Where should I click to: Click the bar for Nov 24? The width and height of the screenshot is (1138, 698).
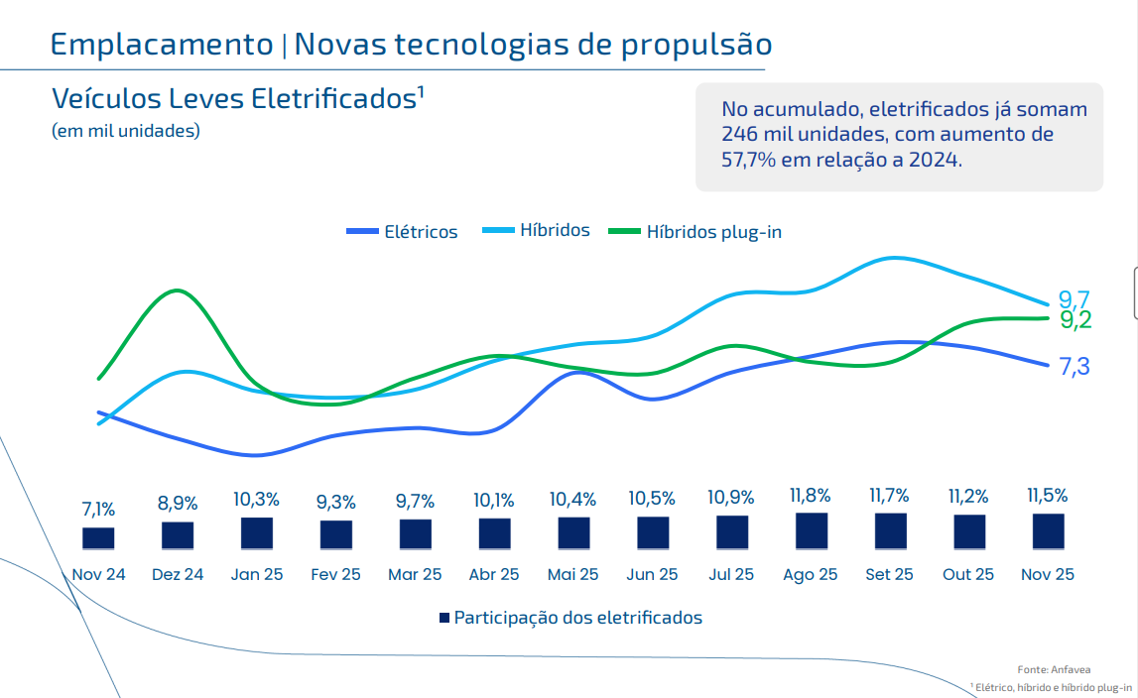pos(98,538)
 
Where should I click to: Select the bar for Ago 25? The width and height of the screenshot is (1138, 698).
pos(812,531)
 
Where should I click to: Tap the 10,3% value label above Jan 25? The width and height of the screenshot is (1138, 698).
pos(256,500)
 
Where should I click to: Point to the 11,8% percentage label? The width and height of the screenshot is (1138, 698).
pos(812,495)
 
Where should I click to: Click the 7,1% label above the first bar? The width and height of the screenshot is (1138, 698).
pos(98,510)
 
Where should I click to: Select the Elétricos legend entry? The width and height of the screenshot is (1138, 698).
pos(403,232)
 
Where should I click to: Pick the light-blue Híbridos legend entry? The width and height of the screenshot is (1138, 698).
pos(536,230)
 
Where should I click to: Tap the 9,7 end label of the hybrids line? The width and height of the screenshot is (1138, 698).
pos(1075,299)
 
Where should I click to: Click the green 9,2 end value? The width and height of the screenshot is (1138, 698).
pos(1075,319)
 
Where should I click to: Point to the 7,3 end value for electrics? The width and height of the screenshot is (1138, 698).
pos(1075,367)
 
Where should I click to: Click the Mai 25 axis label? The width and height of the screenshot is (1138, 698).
pos(573,574)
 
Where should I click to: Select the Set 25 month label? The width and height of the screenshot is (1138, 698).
pos(889,574)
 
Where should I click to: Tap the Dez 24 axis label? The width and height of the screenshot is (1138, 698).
pos(178,574)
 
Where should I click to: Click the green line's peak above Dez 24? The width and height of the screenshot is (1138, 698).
pos(178,291)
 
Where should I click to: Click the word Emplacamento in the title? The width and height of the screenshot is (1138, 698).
pos(161,45)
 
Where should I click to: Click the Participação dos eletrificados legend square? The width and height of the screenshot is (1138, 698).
pos(444,618)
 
